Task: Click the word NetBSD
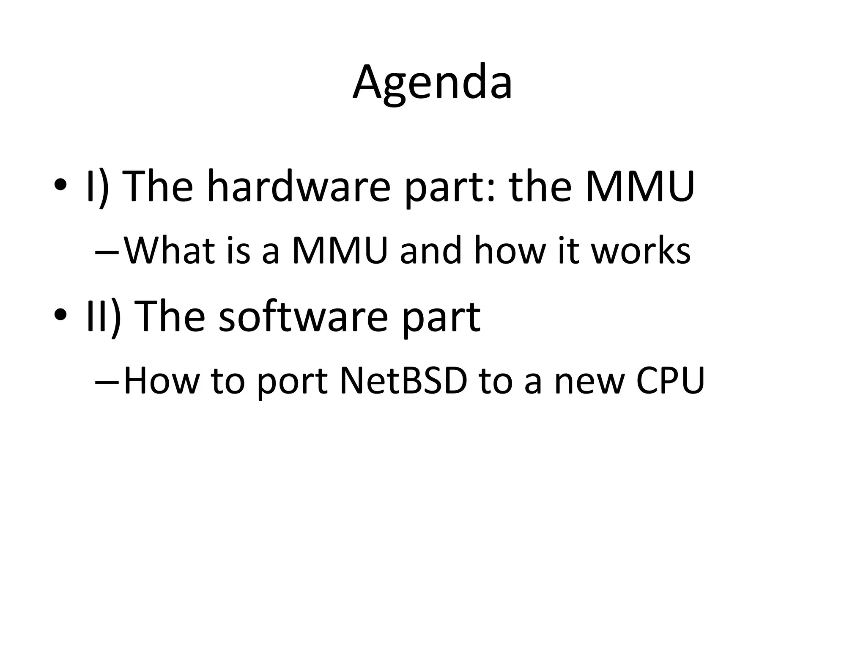[403, 380]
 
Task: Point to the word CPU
[670, 380]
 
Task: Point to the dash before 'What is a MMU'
[107, 253]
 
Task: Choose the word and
[430, 251]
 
